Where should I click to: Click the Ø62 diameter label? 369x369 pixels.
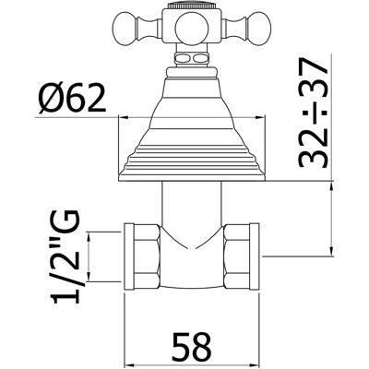point(72,97)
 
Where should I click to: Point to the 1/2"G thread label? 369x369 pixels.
point(66,257)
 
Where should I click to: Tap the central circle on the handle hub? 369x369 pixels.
point(190,28)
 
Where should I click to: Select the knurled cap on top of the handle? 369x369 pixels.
point(192,6)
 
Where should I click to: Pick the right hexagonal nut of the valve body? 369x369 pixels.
point(237,256)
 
